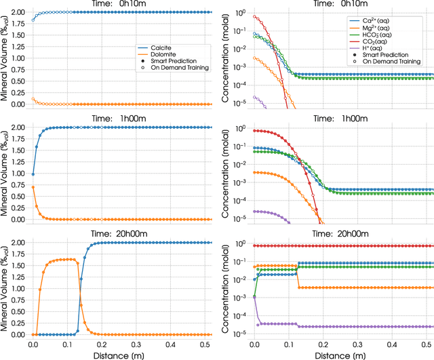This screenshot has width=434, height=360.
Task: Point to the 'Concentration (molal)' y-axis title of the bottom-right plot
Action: [226, 288]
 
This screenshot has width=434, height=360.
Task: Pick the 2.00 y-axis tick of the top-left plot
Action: [16, 12]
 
